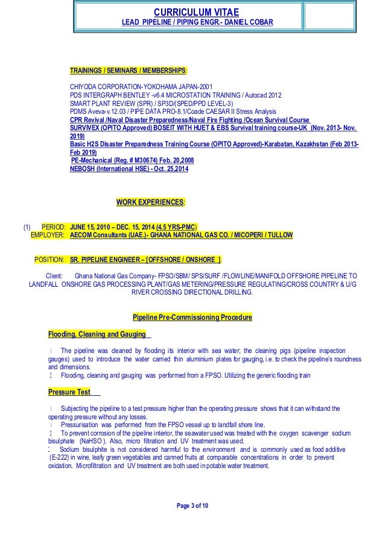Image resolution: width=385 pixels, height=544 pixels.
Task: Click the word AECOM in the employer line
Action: tap(84, 235)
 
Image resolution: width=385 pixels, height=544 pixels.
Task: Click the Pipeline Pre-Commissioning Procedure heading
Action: tap(192, 317)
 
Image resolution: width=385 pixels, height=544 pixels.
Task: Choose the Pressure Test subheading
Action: tap(69, 392)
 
